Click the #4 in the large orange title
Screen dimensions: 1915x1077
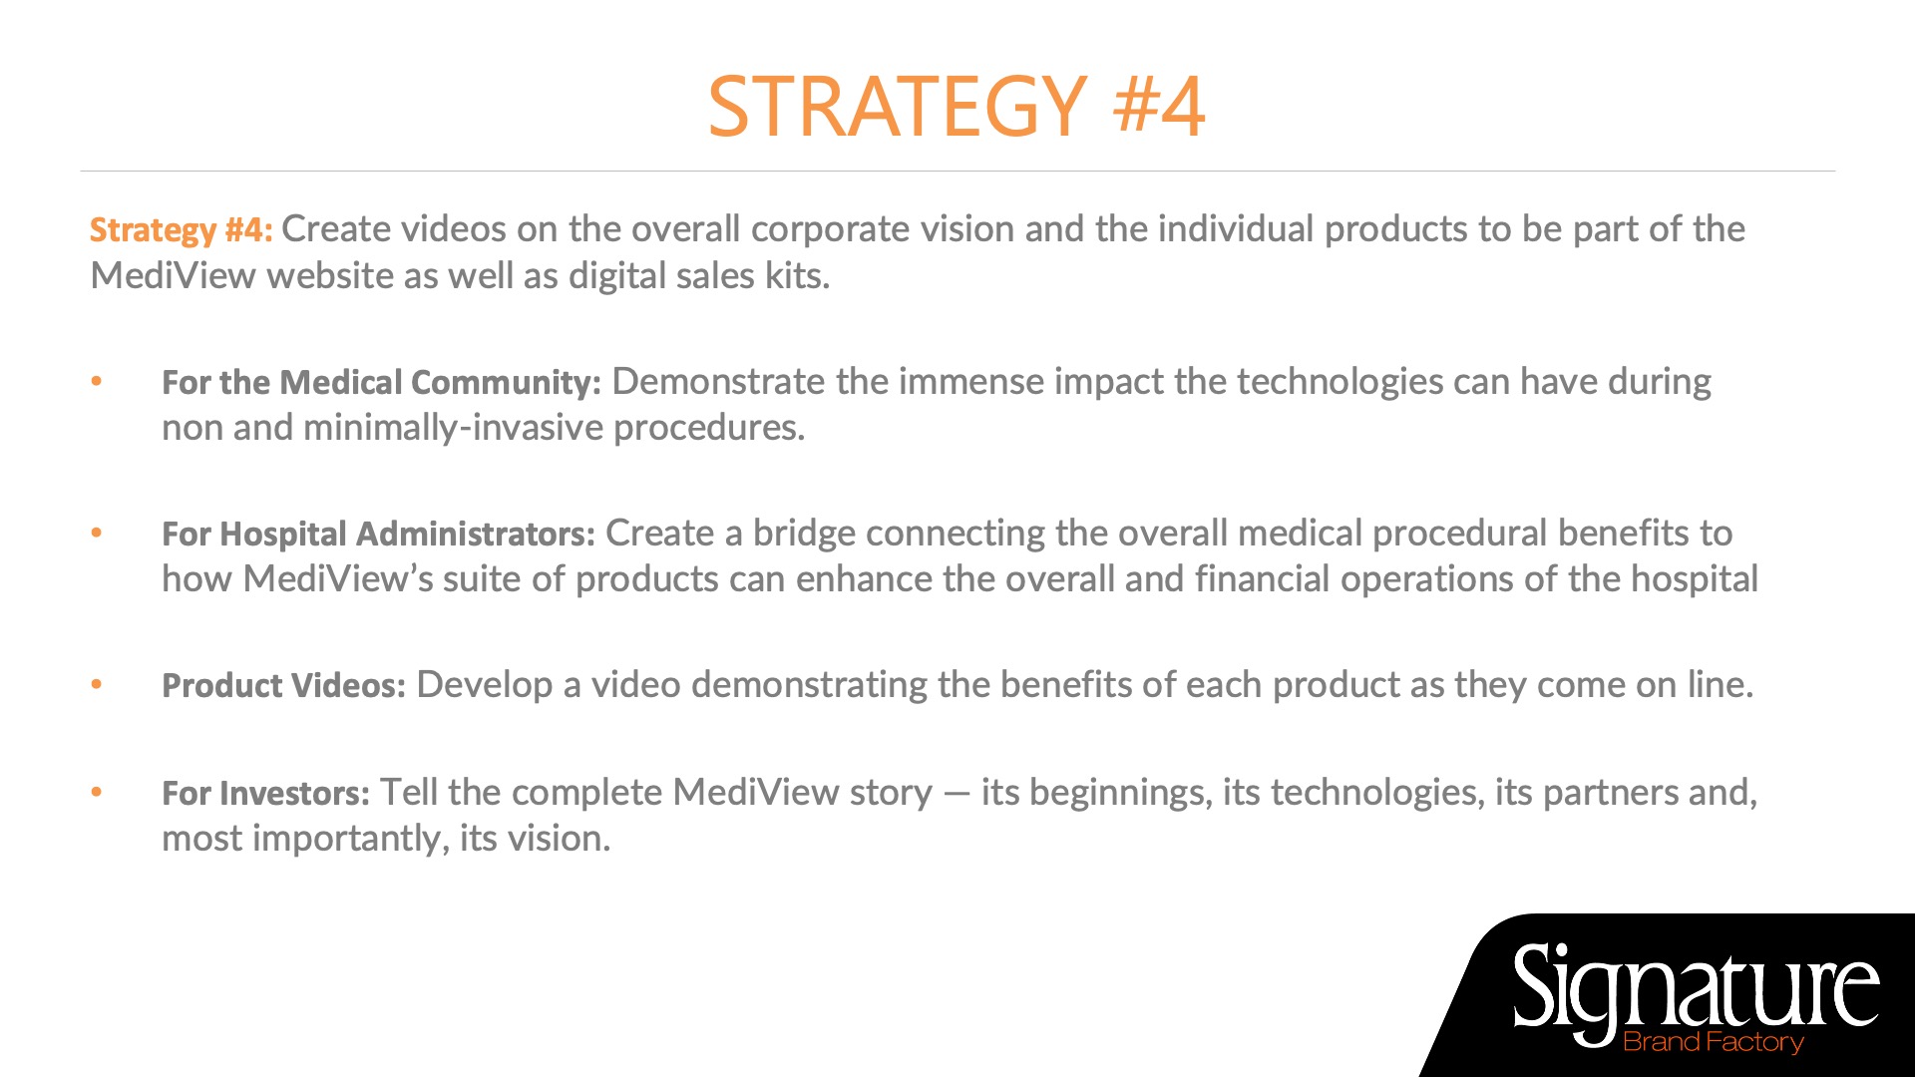pos(1160,106)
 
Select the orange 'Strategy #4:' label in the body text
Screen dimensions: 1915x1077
pos(181,230)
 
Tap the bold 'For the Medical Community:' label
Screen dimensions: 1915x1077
pos(381,382)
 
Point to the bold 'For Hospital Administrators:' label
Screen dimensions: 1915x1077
pos(378,535)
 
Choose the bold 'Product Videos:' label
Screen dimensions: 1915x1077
pos(283,685)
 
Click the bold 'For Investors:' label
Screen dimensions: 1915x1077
pos(265,793)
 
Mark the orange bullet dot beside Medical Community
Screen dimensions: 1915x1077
pos(97,381)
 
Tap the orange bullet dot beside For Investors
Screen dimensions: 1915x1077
pos(97,792)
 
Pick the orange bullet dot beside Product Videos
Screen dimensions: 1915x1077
pos(97,684)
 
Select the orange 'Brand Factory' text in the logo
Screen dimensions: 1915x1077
pos(1714,1042)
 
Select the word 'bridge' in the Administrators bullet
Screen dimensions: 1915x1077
pos(804,534)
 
